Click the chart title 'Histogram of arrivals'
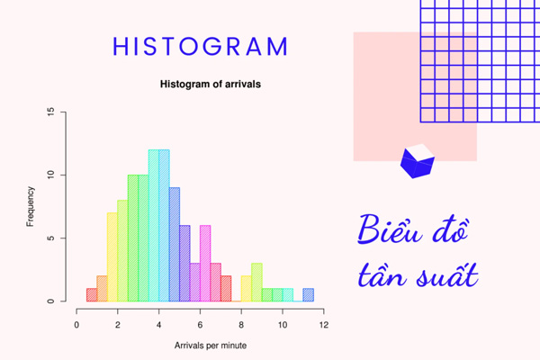pos(217,86)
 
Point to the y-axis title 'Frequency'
pos(31,206)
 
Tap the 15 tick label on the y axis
pos(51,112)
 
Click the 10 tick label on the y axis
pos(51,175)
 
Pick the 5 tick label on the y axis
pos(51,238)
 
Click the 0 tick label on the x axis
pos(77,324)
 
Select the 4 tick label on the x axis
pos(159,324)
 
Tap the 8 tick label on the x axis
pos(241,324)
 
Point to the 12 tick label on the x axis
pos(323,324)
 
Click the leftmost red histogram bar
pos(92,295)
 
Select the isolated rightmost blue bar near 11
pos(309,295)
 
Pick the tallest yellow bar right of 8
pos(256,283)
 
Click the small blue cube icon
pos(417,161)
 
